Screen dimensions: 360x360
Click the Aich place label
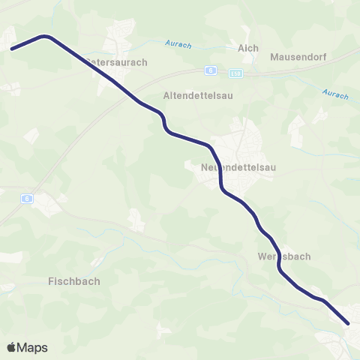click(247, 48)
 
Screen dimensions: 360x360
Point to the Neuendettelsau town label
click(238, 168)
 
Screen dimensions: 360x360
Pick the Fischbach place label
click(73, 281)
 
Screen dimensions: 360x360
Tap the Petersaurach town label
click(116, 62)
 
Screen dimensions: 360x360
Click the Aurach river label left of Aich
click(179, 45)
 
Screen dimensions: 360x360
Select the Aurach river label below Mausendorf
click(335, 94)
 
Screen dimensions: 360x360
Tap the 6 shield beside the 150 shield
click(212, 70)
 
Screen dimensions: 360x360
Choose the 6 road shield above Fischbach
click(27, 199)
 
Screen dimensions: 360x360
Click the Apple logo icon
click(12, 347)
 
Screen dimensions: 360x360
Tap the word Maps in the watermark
click(32, 347)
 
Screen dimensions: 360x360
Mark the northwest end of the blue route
click(11, 49)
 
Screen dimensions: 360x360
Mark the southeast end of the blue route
click(349, 324)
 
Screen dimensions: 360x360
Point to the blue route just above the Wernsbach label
click(274, 244)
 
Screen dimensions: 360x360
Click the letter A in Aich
click(241, 48)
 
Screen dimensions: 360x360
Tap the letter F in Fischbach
click(50, 281)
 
